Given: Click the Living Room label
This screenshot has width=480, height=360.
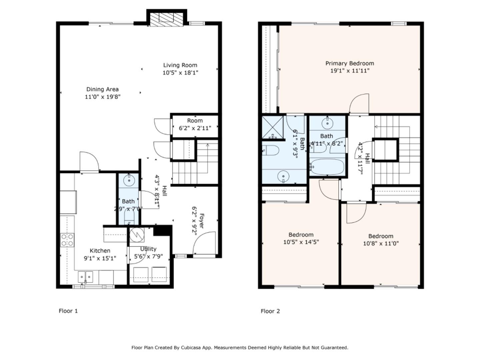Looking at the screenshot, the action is point(180,65).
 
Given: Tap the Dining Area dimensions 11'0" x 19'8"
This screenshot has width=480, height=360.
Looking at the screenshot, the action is point(103,97).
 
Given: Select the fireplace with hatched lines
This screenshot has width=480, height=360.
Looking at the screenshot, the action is point(166,19).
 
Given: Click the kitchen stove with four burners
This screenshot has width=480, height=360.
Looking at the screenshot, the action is point(67,240).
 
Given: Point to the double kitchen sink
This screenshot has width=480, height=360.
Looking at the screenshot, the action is point(86,277).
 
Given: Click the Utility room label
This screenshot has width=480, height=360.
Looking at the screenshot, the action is point(148,249).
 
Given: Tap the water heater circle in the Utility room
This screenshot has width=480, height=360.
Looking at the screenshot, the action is point(137,235).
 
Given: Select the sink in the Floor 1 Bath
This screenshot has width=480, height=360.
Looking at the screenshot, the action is point(129,180).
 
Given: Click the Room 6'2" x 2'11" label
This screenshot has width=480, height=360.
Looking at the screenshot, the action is point(195,124).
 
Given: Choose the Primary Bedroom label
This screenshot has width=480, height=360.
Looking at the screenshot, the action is point(349,63).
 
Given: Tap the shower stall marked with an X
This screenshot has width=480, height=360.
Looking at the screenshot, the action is point(272,127).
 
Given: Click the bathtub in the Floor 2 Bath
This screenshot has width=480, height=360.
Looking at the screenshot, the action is point(327,167).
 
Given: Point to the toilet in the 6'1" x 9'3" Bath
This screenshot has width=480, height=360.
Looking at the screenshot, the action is point(271,150).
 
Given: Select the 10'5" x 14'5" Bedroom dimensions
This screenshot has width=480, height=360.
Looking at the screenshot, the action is point(301,242).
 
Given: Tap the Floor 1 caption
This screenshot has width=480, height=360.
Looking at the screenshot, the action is point(68,311).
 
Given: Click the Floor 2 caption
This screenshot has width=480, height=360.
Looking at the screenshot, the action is point(270,311).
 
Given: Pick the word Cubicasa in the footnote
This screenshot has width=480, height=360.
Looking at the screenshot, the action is point(190,348).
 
